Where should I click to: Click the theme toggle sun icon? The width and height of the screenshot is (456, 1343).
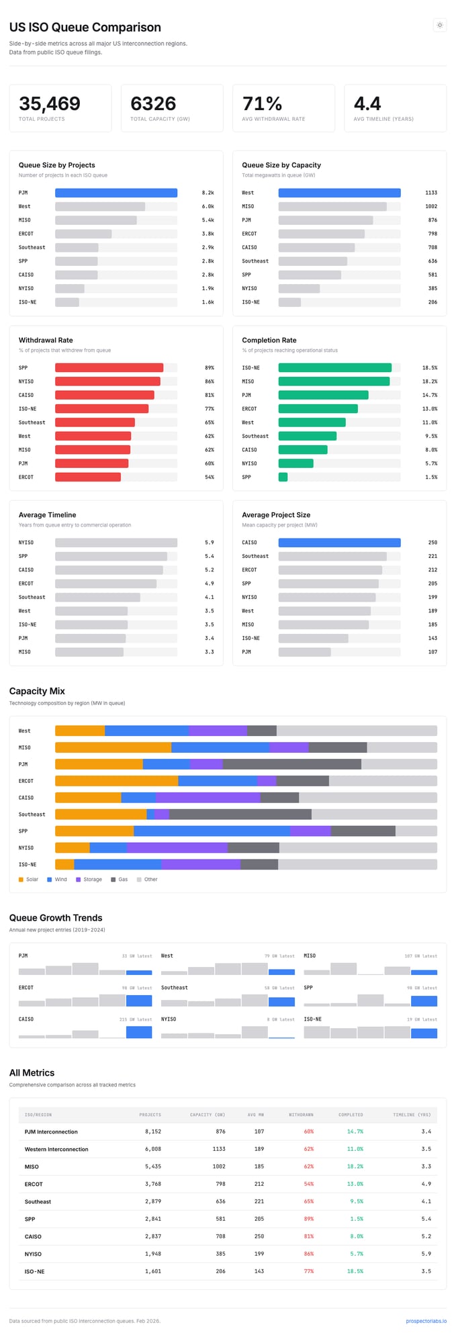tap(439, 26)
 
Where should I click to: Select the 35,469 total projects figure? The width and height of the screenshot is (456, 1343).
tap(50, 103)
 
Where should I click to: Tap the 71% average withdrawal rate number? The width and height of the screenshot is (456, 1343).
tap(262, 103)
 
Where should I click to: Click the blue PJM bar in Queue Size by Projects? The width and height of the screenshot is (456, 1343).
tap(116, 193)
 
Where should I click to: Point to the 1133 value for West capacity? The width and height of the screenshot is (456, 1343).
tap(430, 193)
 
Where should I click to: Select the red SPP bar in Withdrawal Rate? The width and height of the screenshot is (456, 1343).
tap(109, 368)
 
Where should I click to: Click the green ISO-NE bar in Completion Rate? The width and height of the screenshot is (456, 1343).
tap(334, 368)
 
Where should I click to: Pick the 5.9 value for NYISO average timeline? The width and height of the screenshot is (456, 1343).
tap(210, 543)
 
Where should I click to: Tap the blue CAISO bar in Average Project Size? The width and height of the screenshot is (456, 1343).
tap(339, 543)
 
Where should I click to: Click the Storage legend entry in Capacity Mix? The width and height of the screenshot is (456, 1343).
tap(89, 879)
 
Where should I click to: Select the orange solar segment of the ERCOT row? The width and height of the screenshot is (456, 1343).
tap(116, 781)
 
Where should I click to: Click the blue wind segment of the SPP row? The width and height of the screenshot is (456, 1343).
tap(212, 831)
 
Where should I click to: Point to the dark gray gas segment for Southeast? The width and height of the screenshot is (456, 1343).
tap(240, 815)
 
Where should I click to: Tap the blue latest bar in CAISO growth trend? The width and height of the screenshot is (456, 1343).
tap(139, 1032)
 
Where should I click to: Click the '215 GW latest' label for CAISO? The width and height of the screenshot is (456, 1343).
tap(136, 1019)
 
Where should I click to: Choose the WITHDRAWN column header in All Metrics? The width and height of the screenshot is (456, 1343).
tap(301, 1115)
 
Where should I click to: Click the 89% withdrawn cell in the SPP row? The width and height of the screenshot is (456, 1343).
tap(308, 1219)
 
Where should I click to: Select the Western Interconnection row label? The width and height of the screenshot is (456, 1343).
tap(56, 1149)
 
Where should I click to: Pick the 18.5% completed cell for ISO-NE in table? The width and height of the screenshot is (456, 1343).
tap(355, 1271)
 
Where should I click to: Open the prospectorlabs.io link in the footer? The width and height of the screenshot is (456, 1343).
tap(426, 1321)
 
